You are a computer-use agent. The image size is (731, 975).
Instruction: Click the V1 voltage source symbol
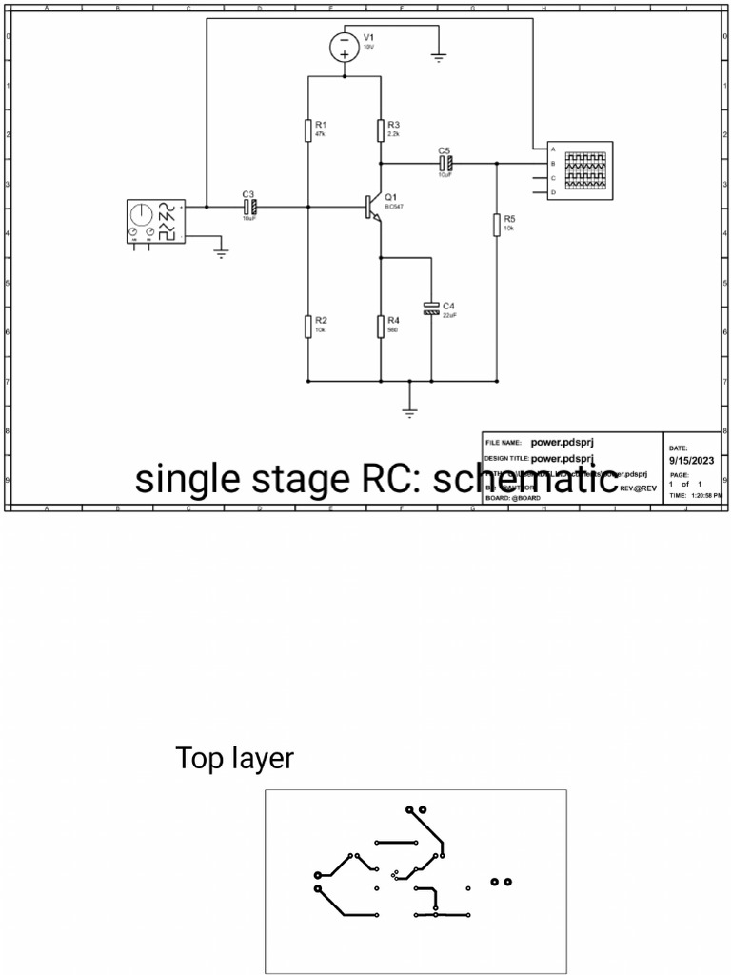click(345, 46)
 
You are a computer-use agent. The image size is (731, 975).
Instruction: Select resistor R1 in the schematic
click(309, 129)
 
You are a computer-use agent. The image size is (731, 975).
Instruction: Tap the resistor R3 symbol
click(381, 129)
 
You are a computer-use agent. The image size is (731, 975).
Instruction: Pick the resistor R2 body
click(309, 326)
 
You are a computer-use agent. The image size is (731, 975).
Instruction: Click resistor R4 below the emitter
click(381, 326)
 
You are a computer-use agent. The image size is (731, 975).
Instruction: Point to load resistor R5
click(497, 225)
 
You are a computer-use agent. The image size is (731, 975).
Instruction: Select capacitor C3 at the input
click(250, 206)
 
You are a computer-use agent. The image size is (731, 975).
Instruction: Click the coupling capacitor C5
click(445, 163)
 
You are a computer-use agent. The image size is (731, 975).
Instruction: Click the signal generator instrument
click(155, 221)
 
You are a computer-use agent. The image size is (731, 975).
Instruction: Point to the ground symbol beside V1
click(438, 57)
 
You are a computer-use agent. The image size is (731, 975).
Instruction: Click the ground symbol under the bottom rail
click(409, 411)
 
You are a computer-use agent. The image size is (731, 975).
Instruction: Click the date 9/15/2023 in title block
click(692, 461)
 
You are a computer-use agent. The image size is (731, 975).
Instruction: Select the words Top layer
click(234, 759)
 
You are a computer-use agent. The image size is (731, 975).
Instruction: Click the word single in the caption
click(187, 479)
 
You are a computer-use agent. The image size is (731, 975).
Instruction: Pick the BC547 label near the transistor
click(394, 207)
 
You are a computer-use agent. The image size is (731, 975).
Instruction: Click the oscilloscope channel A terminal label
click(552, 149)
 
